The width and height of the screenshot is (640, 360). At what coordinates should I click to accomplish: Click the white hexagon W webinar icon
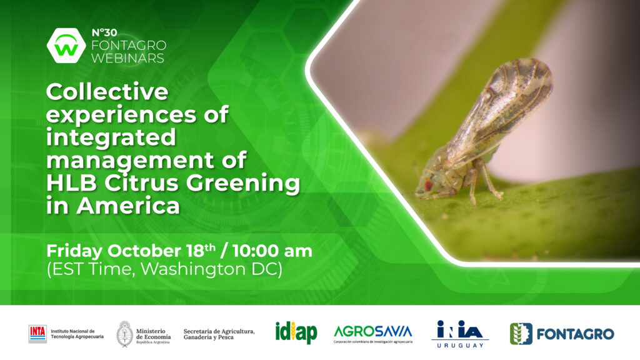(66, 46)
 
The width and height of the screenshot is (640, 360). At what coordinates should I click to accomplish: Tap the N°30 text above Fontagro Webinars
(104, 32)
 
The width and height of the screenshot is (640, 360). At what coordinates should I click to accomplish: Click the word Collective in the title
(107, 92)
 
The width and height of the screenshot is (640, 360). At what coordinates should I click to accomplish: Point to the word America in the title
(127, 205)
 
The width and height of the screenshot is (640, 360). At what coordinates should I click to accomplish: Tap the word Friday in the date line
(74, 251)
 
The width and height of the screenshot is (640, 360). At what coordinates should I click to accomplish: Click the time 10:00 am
(272, 251)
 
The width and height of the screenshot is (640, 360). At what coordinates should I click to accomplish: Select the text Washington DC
(211, 269)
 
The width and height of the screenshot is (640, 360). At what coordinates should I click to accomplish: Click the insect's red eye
(428, 185)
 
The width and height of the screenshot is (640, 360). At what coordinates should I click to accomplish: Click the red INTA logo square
(37, 334)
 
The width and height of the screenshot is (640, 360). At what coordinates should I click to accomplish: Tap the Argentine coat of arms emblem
(124, 334)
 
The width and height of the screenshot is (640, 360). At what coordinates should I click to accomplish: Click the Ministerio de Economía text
(154, 334)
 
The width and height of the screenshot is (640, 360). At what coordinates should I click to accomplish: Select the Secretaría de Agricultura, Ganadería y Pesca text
(219, 334)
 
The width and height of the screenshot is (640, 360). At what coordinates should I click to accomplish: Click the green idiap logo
(296, 332)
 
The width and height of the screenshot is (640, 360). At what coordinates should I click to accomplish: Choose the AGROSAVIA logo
(373, 334)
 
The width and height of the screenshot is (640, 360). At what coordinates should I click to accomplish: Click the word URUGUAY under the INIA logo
(460, 345)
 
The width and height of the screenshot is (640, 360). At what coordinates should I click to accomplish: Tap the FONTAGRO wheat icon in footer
(521, 334)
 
